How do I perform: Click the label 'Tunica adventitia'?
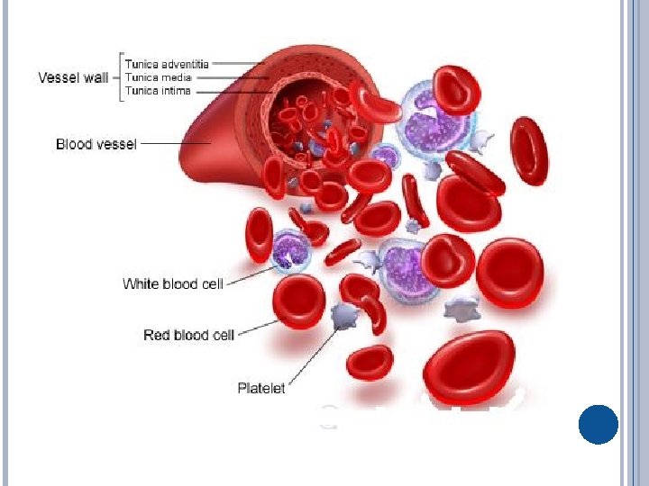[x=167, y=64]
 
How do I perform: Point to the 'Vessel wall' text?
[x=73, y=77]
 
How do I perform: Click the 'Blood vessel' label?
[x=96, y=144]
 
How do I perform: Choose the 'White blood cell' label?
[x=172, y=284]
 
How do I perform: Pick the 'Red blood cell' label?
[x=188, y=335]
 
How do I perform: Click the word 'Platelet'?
[x=261, y=388]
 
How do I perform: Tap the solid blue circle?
[x=598, y=424]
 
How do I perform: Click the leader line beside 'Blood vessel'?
[x=176, y=143]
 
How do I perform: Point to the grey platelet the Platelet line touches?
[x=343, y=315]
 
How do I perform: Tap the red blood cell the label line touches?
[x=298, y=301]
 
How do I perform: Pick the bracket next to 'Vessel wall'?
[x=118, y=77]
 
